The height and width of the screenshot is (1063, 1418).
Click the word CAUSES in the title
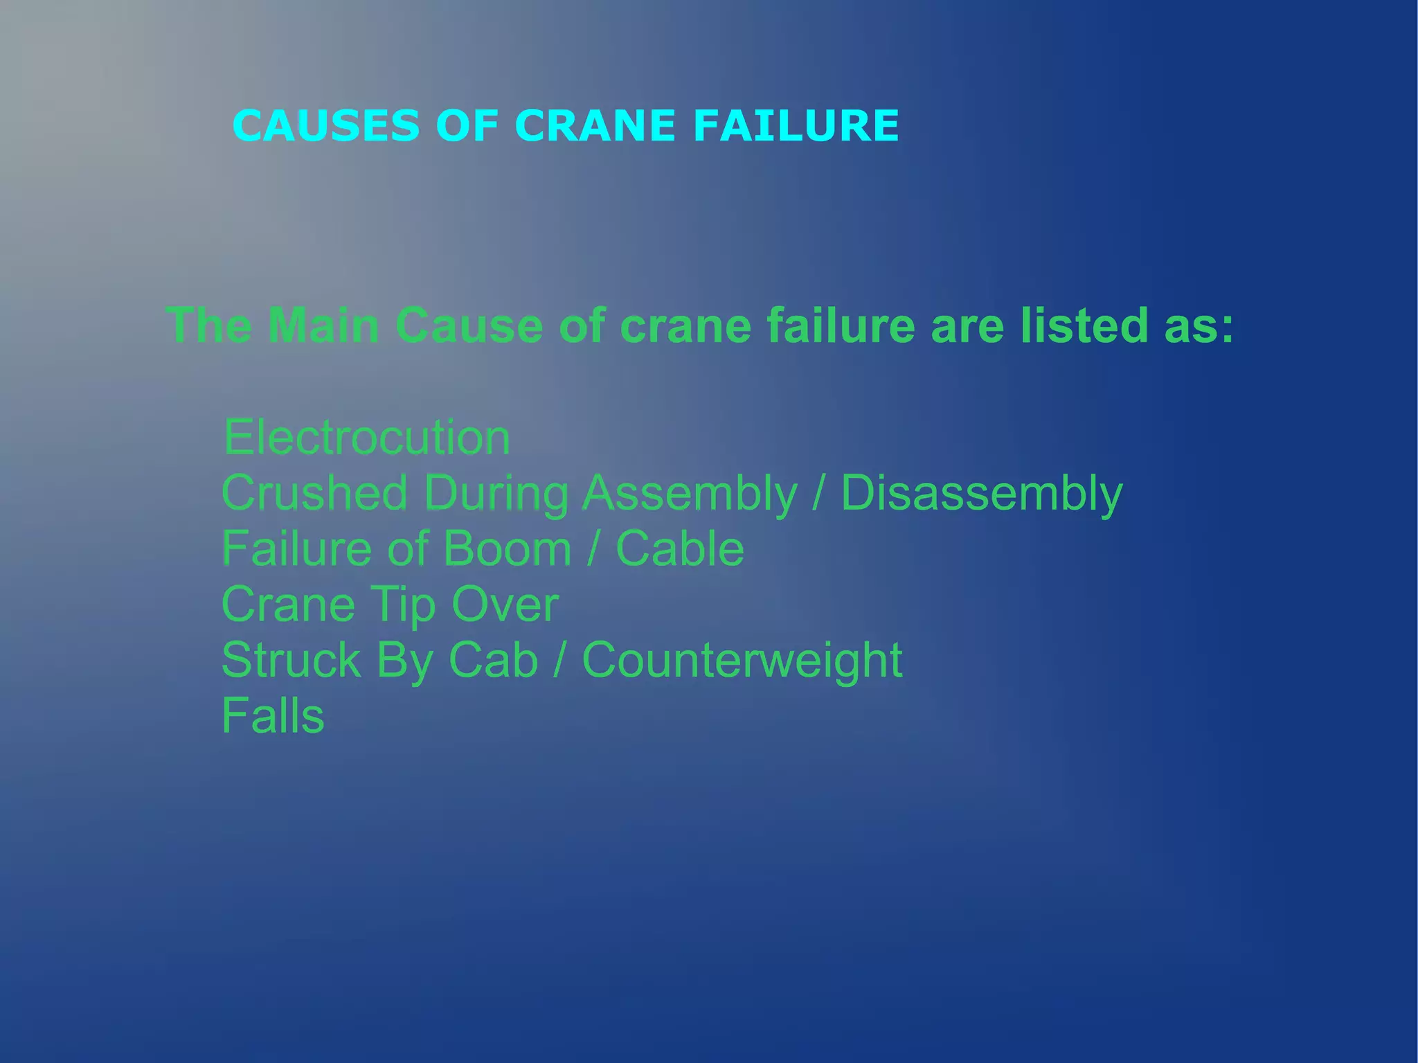326,126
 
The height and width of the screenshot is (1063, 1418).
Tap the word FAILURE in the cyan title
796,126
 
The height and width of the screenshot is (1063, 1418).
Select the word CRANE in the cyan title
595,126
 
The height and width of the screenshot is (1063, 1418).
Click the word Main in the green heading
323,325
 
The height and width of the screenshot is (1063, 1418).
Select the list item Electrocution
367,438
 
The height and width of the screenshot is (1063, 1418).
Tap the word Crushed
314,493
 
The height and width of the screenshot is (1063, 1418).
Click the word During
496,493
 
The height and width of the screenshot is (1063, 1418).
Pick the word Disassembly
981,493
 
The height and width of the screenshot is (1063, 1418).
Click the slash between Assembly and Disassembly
819,493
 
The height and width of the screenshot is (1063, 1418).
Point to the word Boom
507,548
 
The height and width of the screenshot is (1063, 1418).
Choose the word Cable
679,548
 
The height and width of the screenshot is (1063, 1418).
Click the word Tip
403,605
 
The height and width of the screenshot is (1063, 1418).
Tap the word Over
505,605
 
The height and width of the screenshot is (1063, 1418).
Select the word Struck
291,660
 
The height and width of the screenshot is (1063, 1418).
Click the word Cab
493,660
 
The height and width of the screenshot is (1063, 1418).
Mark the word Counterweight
742,660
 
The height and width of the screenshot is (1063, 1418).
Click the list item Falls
273,715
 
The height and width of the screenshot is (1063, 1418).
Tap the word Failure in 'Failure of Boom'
296,548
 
